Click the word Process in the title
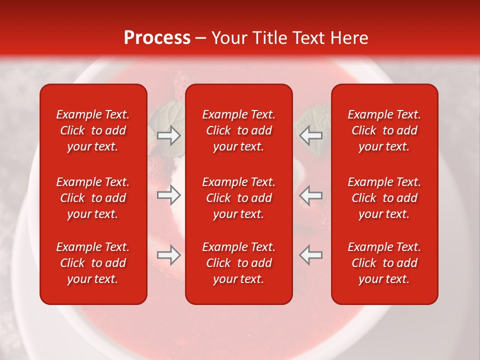157,38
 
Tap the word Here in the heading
348,38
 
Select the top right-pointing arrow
169,135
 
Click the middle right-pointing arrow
169,195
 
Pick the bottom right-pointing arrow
169,255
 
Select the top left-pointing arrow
310,135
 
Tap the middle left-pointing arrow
310,195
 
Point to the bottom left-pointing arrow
310,255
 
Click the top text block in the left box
93,130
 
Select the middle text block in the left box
93,198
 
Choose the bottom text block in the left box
93,263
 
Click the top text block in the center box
238,130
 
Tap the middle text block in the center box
238,198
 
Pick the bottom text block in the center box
238,263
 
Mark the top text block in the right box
384,130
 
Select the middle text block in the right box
384,198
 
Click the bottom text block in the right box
384,263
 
